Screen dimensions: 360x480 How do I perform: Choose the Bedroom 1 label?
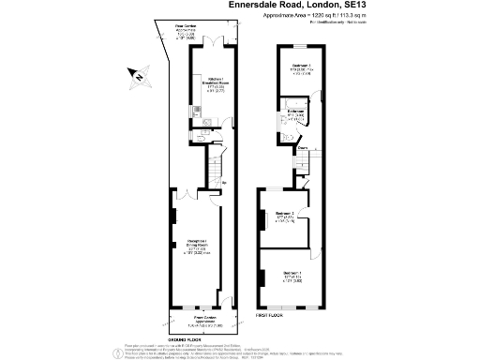click(291, 278)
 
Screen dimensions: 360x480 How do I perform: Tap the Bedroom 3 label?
click(299, 69)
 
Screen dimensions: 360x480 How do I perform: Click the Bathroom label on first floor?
click(296, 115)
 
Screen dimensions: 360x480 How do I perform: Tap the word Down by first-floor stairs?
click(303, 148)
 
